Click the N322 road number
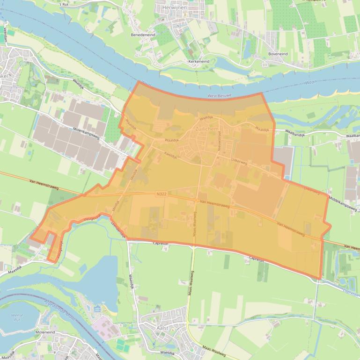point(162,193)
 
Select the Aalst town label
point(161,329)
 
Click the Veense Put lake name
point(17,318)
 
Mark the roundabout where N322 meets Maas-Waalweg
point(196,200)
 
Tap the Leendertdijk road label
point(118,230)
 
